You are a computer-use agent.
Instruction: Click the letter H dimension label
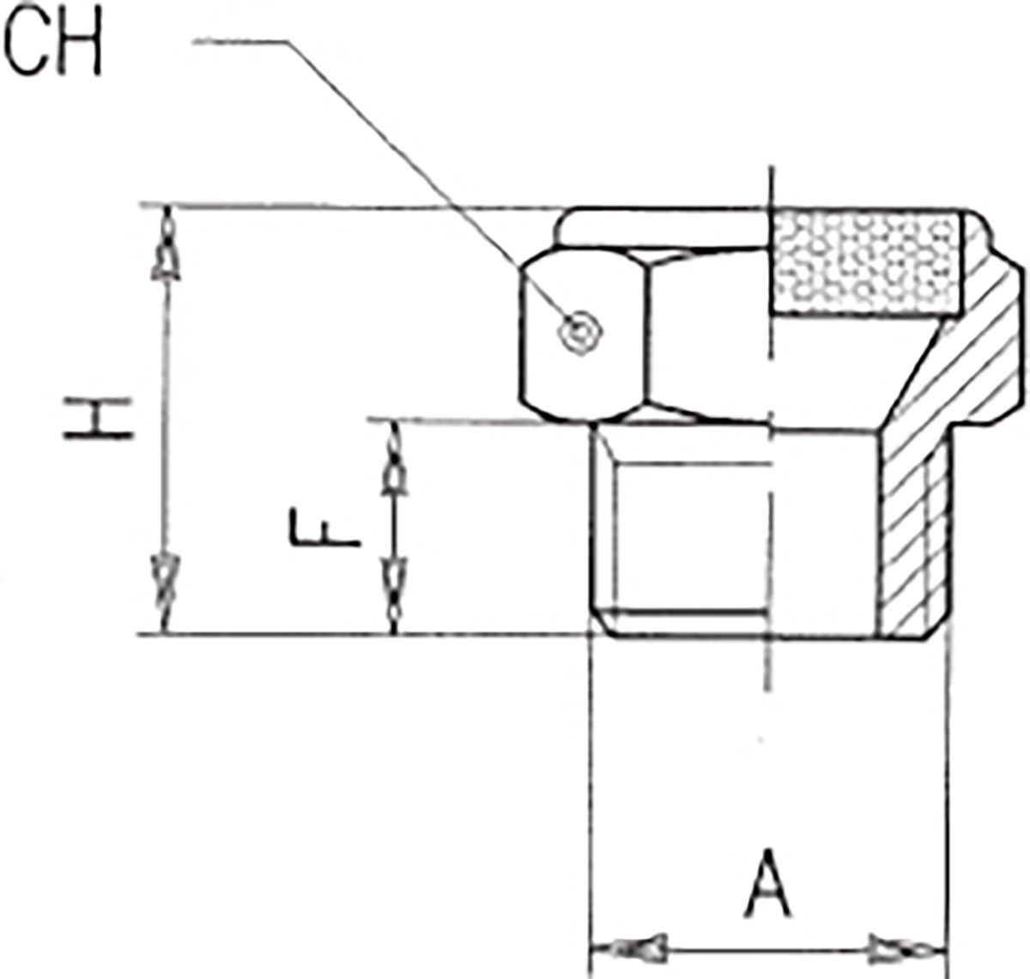[x=98, y=418]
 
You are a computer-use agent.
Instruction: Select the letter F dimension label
[x=324, y=529]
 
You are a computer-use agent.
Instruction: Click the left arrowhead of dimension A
[x=629, y=947]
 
